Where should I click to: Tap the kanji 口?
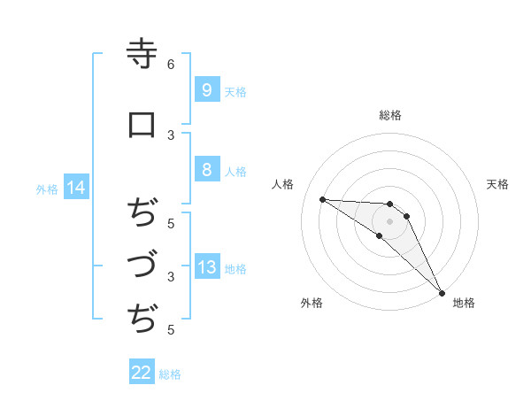click(142, 125)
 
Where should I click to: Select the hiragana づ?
click(142, 264)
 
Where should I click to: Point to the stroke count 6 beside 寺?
click(171, 65)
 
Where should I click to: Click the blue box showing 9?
click(206, 89)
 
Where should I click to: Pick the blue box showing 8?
click(206, 170)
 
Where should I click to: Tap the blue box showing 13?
click(206, 267)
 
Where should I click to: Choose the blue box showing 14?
click(75, 188)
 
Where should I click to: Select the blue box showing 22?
click(142, 373)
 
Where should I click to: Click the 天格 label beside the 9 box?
click(235, 91)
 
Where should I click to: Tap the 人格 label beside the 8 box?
click(235, 172)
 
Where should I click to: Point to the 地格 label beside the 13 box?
click(235, 269)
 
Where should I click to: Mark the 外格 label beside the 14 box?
click(47, 189)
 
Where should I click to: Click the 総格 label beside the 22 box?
click(171, 374)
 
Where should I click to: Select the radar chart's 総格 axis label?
click(390, 115)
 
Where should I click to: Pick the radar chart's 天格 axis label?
click(498, 184)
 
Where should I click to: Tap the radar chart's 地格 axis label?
click(464, 303)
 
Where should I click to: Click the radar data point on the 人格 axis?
click(322, 199)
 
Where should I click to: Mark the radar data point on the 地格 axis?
click(442, 293)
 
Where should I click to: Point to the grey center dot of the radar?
click(390, 221)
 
